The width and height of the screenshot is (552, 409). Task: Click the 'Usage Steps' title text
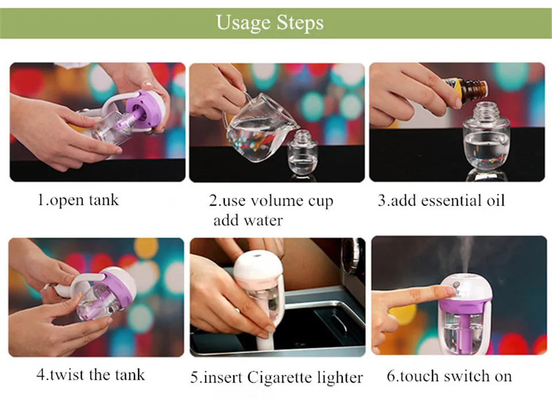pyautogui.click(x=270, y=22)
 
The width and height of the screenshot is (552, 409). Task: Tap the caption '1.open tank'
pyautogui.click(x=78, y=200)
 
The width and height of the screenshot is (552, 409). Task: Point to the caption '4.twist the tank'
pyautogui.click(x=90, y=375)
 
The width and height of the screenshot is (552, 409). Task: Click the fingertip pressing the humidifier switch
pyautogui.click(x=449, y=291)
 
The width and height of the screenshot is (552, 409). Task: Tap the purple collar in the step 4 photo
pyautogui.click(x=117, y=288)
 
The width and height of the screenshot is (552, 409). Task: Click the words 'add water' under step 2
pyautogui.click(x=248, y=221)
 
